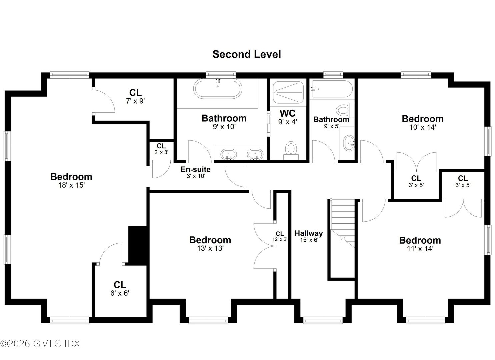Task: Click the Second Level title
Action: click(x=247, y=54)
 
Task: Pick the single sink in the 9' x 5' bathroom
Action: click(x=348, y=144)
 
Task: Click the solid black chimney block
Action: click(x=138, y=245)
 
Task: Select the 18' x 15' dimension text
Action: click(x=71, y=185)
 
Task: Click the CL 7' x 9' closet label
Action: click(x=135, y=96)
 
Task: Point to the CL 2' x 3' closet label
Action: click(x=161, y=149)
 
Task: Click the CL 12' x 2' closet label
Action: click(x=280, y=236)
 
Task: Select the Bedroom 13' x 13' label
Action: click(x=210, y=244)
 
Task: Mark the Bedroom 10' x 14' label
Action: click(x=422, y=122)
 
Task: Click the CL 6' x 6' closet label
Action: click(x=120, y=289)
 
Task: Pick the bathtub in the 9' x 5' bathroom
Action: click(x=331, y=89)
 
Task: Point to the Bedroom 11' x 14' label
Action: click(x=420, y=244)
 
